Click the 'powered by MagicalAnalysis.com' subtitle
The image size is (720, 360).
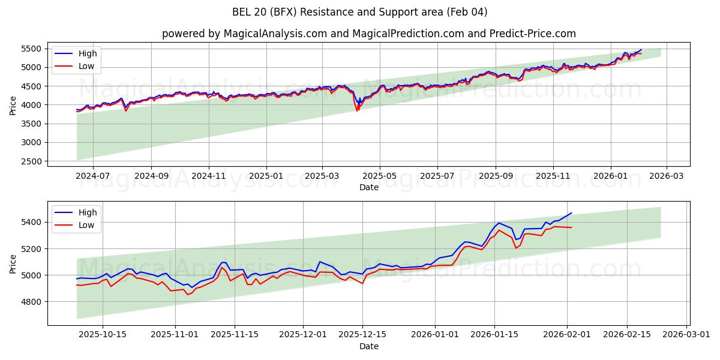[368, 34]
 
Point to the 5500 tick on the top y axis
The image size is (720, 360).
[32, 49]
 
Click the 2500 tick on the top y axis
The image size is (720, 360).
[32, 161]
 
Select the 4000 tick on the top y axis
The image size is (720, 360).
[32, 105]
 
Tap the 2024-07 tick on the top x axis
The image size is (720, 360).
[93, 176]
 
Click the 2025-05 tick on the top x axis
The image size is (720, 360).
[380, 176]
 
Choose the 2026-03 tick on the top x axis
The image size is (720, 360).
[667, 176]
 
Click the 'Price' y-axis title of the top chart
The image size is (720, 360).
[13, 104]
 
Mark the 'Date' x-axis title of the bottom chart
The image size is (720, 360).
[368, 347]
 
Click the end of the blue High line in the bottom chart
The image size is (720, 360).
[572, 213]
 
